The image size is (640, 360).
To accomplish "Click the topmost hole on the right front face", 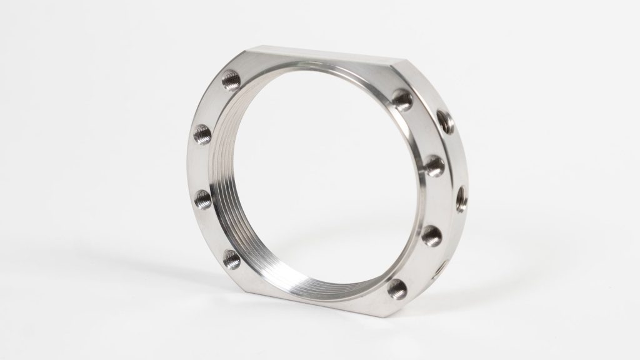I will [x=402, y=97].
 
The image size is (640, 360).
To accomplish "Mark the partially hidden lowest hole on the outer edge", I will [x=442, y=267].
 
